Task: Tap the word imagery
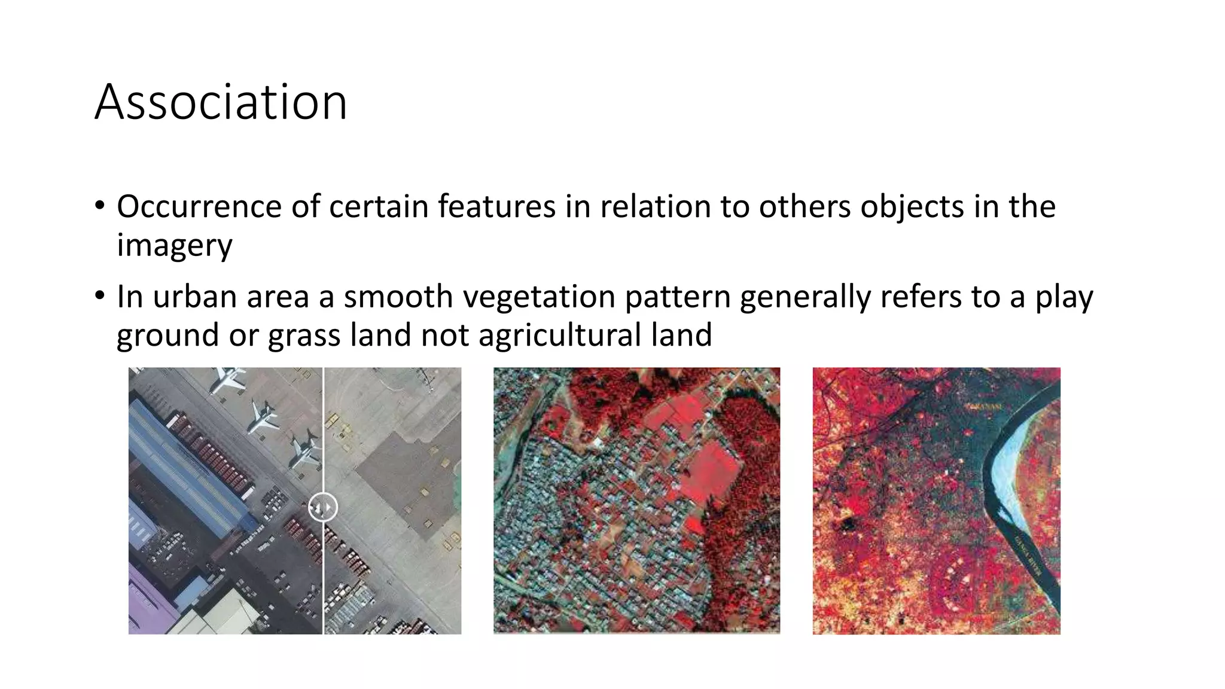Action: pyautogui.click(x=174, y=245)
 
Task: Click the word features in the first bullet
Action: pyautogui.click(x=496, y=206)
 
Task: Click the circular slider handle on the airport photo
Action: pyautogui.click(x=322, y=508)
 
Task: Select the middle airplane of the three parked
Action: pyautogui.click(x=262, y=417)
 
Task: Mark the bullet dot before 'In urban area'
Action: pyautogui.click(x=99, y=296)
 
